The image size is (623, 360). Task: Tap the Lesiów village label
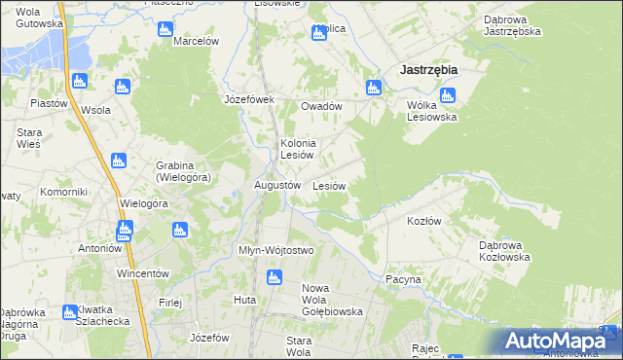tap(329, 185)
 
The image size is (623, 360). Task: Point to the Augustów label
tap(276, 185)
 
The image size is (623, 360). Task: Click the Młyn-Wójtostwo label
tap(276, 250)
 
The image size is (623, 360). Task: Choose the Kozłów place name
tap(423, 221)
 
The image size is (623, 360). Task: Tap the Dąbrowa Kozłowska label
tap(503, 251)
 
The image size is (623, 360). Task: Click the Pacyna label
tap(403, 279)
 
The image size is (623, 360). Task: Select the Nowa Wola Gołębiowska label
tap(332, 300)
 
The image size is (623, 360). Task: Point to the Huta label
tap(244, 300)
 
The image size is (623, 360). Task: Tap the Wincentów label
tap(143, 273)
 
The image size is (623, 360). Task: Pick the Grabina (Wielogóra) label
tap(183, 171)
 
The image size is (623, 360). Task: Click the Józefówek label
tap(250, 99)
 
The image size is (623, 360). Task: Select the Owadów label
tap(321, 106)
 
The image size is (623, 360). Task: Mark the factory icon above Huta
tap(275, 279)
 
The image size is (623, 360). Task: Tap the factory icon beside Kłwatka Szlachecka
tap(69, 312)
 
